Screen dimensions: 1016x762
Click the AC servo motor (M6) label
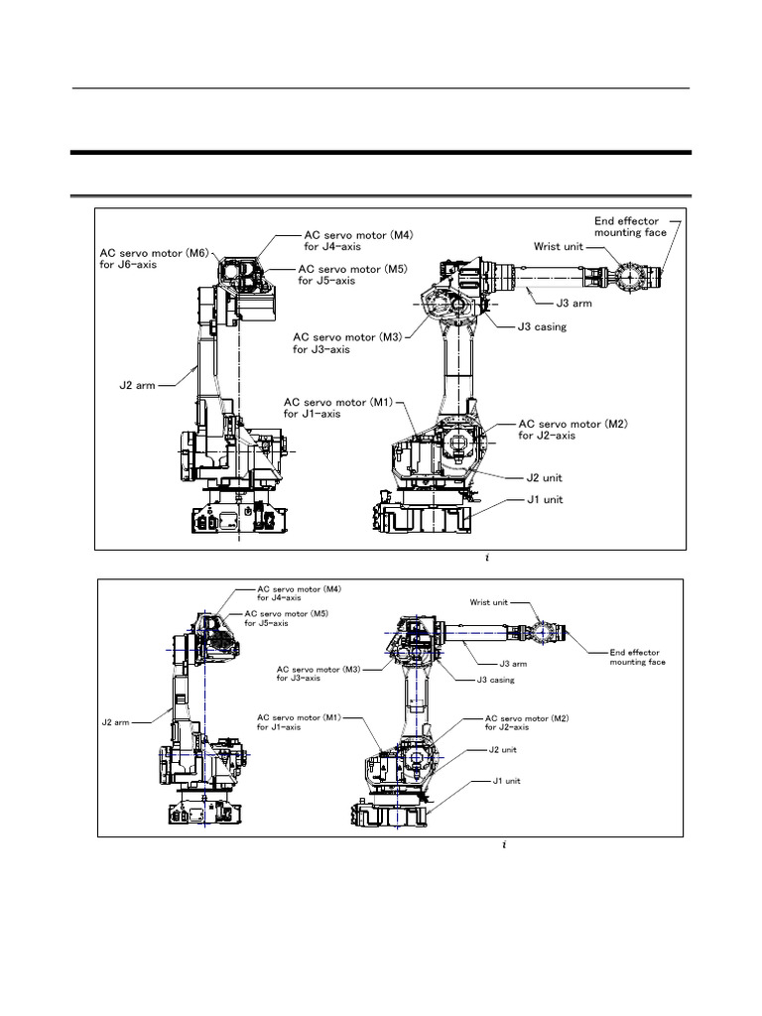[155, 258]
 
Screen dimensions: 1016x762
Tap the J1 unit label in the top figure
[545, 499]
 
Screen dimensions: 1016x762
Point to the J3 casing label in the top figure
[542, 327]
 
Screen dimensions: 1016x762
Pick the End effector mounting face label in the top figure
[624, 227]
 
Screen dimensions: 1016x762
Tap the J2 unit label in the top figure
[545, 477]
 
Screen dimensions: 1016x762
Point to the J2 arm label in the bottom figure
[116, 722]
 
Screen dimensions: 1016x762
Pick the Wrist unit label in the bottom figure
[489, 602]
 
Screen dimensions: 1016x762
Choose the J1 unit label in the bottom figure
[507, 781]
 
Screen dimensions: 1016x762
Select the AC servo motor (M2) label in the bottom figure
[525, 721]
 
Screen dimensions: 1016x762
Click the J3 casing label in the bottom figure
[496, 680]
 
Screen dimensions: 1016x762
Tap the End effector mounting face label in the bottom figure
[637, 657]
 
